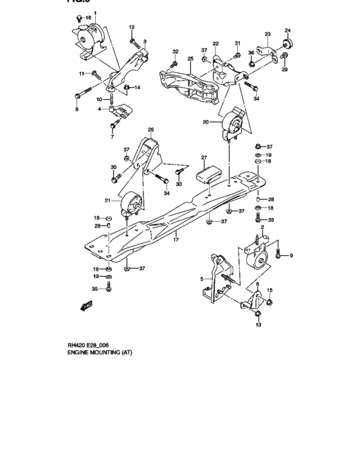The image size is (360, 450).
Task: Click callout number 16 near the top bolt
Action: pos(89,18)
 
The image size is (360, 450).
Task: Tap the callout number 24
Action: pos(287,30)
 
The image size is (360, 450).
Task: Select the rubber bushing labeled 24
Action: pos(287,44)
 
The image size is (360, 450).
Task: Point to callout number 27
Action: pos(203,157)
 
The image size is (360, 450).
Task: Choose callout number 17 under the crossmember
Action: pos(174,240)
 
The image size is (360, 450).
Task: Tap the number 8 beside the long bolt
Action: pos(76,110)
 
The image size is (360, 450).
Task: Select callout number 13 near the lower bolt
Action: pos(258,325)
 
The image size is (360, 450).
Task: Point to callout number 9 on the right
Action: pos(291,256)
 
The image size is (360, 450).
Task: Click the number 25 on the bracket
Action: pos(190,59)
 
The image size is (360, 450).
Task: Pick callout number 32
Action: pos(174,51)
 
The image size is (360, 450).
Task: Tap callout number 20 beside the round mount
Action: pos(206,122)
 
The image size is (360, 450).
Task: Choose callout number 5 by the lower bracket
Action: pos(201,279)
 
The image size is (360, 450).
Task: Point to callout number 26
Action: pos(151,130)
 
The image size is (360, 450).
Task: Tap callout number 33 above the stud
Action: pos(271,220)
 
